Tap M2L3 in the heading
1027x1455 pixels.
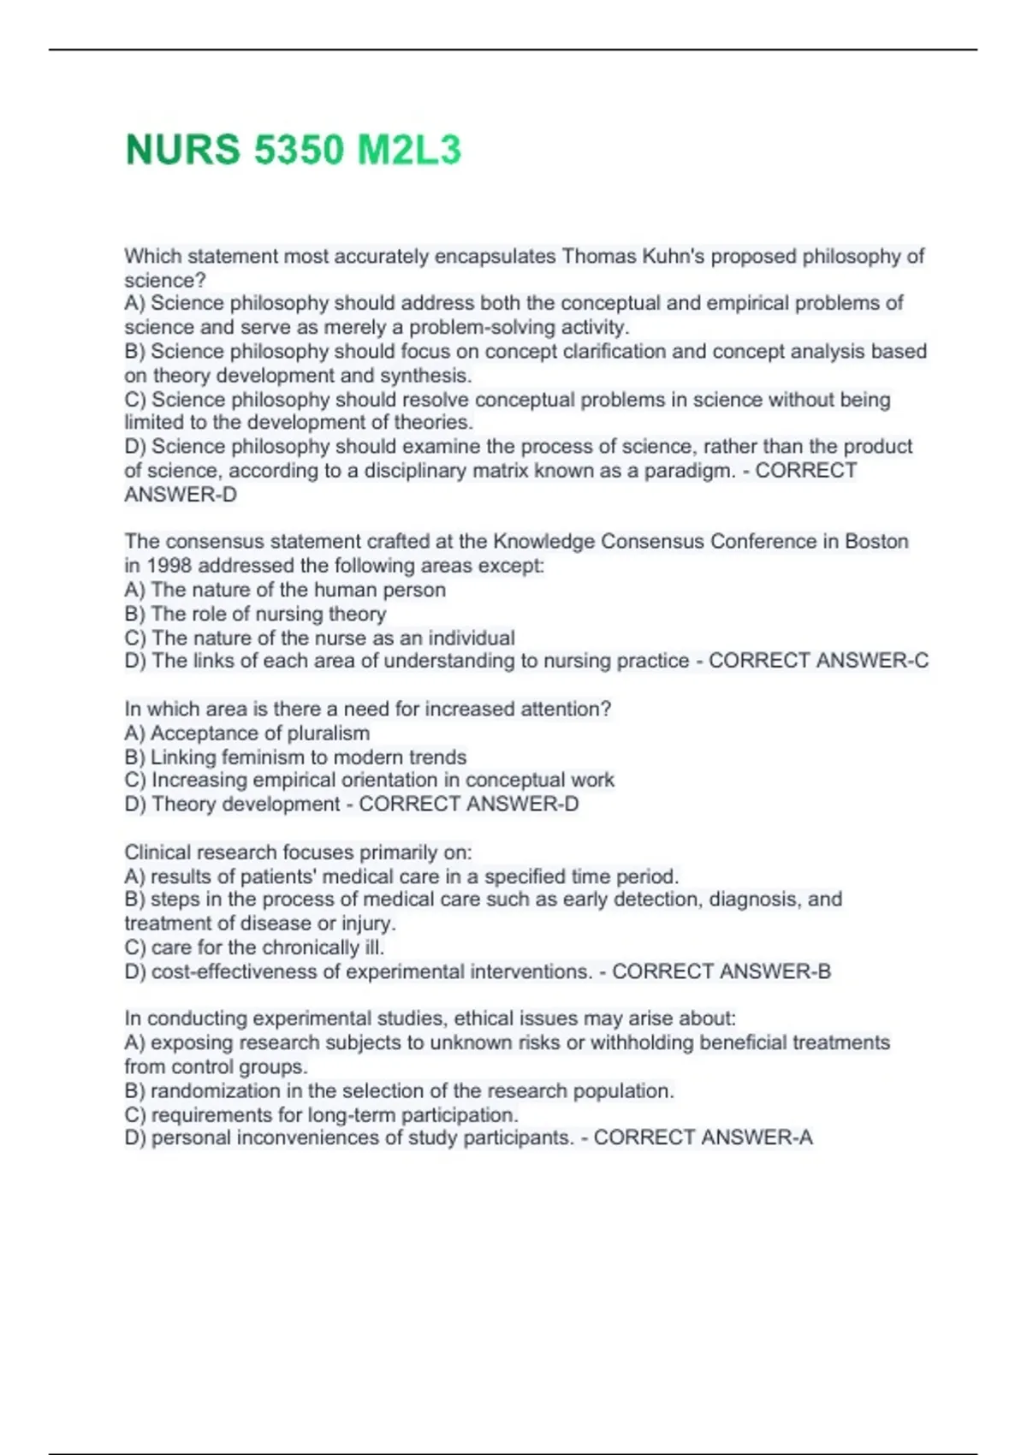tap(408, 150)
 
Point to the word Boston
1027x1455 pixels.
tap(876, 541)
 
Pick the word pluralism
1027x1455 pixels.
tap(329, 733)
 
